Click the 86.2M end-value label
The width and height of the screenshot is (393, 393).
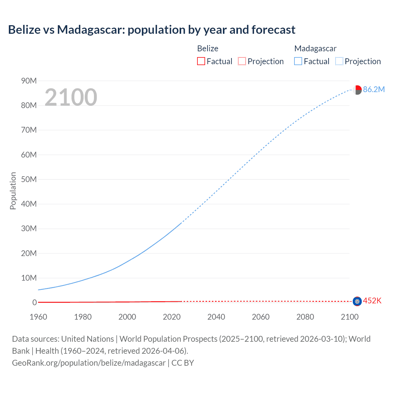pyautogui.click(x=374, y=89)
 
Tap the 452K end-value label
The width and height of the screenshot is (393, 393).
pyautogui.click(x=372, y=301)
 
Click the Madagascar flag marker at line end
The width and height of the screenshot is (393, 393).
pyautogui.click(x=357, y=90)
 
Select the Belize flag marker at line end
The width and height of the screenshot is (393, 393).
pyautogui.click(x=357, y=302)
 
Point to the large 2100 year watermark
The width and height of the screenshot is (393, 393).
pyautogui.click(x=71, y=97)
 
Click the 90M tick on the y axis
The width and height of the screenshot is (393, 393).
pyautogui.click(x=29, y=81)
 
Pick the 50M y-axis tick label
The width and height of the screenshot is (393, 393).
pyautogui.click(x=29, y=179)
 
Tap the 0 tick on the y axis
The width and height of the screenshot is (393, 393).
pyautogui.click(x=34, y=303)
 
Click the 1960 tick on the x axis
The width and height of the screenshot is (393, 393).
pyautogui.click(x=38, y=317)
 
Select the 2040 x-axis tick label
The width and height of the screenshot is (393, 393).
pyautogui.click(x=216, y=317)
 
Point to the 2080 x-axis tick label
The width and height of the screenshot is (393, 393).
pyautogui.click(x=305, y=317)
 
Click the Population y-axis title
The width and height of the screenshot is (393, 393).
pyautogui.click(x=13, y=191)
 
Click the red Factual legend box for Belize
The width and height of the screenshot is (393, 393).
pyautogui.click(x=201, y=61)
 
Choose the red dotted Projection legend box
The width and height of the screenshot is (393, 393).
pyautogui.click(x=242, y=61)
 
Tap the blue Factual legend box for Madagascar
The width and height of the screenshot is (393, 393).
pyautogui.click(x=298, y=61)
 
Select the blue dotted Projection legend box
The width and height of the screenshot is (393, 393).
pyautogui.click(x=339, y=61)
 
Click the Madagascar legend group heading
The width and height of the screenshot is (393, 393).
pyautogui.click(x=315, y=49)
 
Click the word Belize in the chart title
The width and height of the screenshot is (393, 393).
pyautogui.click(x=24, y=30)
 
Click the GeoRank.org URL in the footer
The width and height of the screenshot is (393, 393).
pyautogui.click(x=89, y=363)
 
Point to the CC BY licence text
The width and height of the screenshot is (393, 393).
pyautogui.click(x=183, y=363)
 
